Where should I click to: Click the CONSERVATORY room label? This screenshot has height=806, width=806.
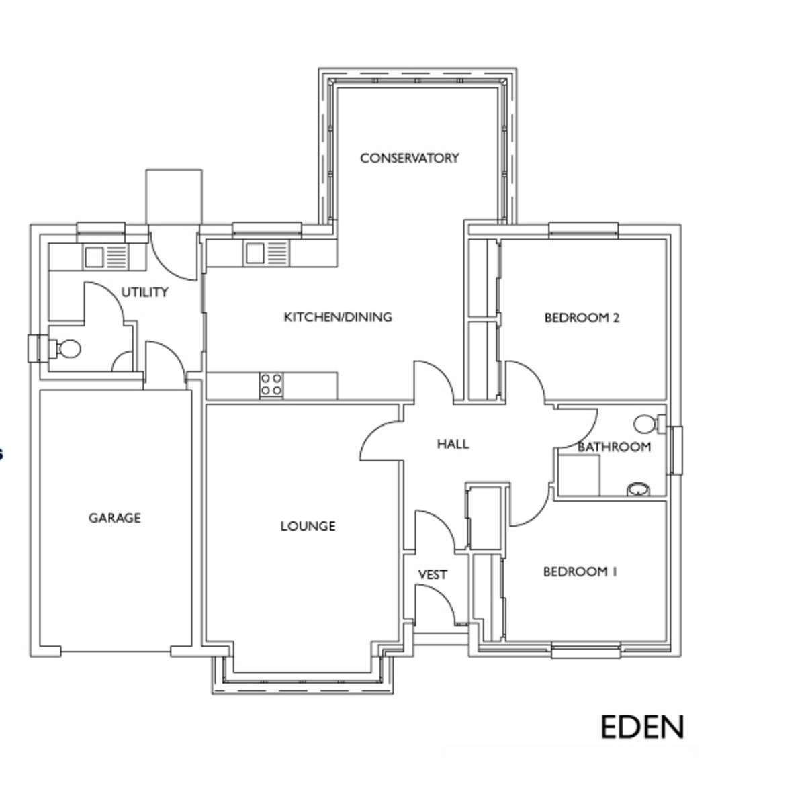[x=410, y=158]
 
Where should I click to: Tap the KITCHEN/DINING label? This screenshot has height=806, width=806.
[x=338, y=317]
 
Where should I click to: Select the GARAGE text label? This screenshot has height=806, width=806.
[x=115, y=518]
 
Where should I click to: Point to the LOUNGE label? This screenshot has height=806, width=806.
[x=308, y=526]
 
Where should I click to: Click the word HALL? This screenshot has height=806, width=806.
[x=453, y=444]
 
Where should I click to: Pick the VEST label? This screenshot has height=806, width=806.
[x=433, y=575]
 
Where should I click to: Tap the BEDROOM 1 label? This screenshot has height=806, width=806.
[x=580, y=572]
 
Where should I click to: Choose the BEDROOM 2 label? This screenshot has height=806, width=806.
[x=582, y=318]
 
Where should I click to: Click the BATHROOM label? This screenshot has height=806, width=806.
[x=614, y=447]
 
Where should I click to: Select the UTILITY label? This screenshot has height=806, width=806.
[x=144, y=292]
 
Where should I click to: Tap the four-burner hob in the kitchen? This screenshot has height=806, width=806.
[x=271, y=385]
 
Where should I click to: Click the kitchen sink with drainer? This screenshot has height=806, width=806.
[x=267, y=253]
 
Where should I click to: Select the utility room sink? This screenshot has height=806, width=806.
[x=106, y=257]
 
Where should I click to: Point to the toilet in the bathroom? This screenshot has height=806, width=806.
[x=650, y=424]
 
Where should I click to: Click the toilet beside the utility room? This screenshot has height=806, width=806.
[x=65, y=349]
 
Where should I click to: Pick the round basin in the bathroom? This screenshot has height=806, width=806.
[x=638, y=489]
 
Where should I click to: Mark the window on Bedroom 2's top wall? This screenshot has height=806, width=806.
[x=584, y=230]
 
